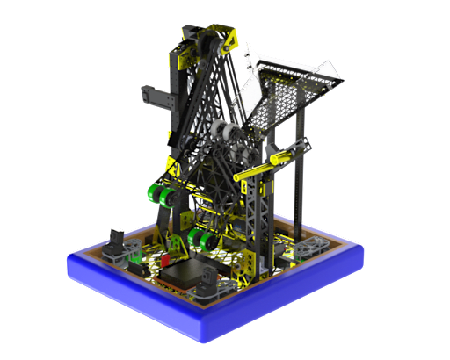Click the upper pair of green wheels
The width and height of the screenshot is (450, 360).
(x=161, y=193)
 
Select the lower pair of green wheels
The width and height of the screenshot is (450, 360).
(x=200, y=240)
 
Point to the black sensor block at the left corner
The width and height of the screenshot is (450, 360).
(x=117, y=241)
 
